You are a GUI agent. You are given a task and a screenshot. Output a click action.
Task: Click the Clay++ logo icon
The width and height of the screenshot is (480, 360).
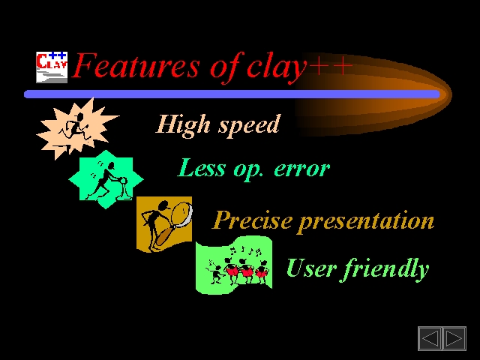pyautogui.click(x=52, y=67)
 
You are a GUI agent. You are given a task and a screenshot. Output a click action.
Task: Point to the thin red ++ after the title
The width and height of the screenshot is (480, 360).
pyautogui.click(x=330, y=65)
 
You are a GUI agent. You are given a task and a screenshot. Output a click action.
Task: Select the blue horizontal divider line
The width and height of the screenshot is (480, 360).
pyautogui.click(x=232, y=94)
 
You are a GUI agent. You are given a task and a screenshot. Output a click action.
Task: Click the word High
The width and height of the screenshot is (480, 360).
pyautogui.click(x=183, y=125)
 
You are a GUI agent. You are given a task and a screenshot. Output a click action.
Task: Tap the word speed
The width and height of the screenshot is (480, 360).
pyautogui.click(x=248, y=126)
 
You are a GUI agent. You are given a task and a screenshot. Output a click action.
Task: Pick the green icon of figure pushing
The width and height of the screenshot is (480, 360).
pyautogui.click(x=106, y=179)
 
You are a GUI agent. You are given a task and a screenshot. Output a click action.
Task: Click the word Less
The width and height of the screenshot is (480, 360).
pyautogui.click(x=201, y=168)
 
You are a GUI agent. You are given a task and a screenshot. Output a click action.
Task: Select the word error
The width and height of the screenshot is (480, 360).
pyautogui.click(x=301, y=169)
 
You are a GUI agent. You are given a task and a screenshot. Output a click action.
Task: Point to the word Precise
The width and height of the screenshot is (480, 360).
pyautogui.click(x=252, y=220)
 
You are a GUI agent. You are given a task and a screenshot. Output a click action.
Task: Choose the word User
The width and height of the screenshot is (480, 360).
pyautogui.click(x=312, y=268)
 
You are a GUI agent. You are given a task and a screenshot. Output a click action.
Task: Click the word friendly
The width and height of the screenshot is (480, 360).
pyautogui.click(x=385, y=268)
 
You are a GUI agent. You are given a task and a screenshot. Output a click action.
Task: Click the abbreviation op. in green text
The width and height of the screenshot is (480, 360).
pyautogui.click(x=248, y=171)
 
